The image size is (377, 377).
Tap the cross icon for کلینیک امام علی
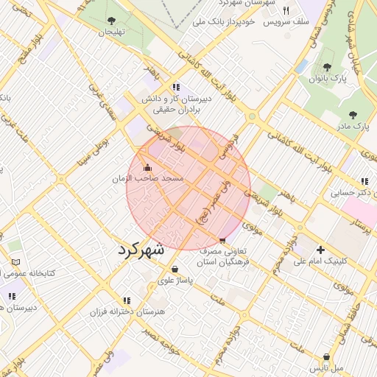[x=320, y=250]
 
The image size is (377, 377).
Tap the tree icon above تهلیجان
[x=111, y=21]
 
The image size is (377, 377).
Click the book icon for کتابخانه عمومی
[x=16, y=262]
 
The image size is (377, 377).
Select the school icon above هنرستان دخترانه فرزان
[x=127, y=300]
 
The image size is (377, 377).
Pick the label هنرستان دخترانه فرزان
[x=126, y=312]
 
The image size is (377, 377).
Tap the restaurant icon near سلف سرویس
[x=286, y=11]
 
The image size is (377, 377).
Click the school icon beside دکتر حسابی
[x=364, y=181]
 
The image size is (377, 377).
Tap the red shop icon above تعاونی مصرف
[x=223, y=240]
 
